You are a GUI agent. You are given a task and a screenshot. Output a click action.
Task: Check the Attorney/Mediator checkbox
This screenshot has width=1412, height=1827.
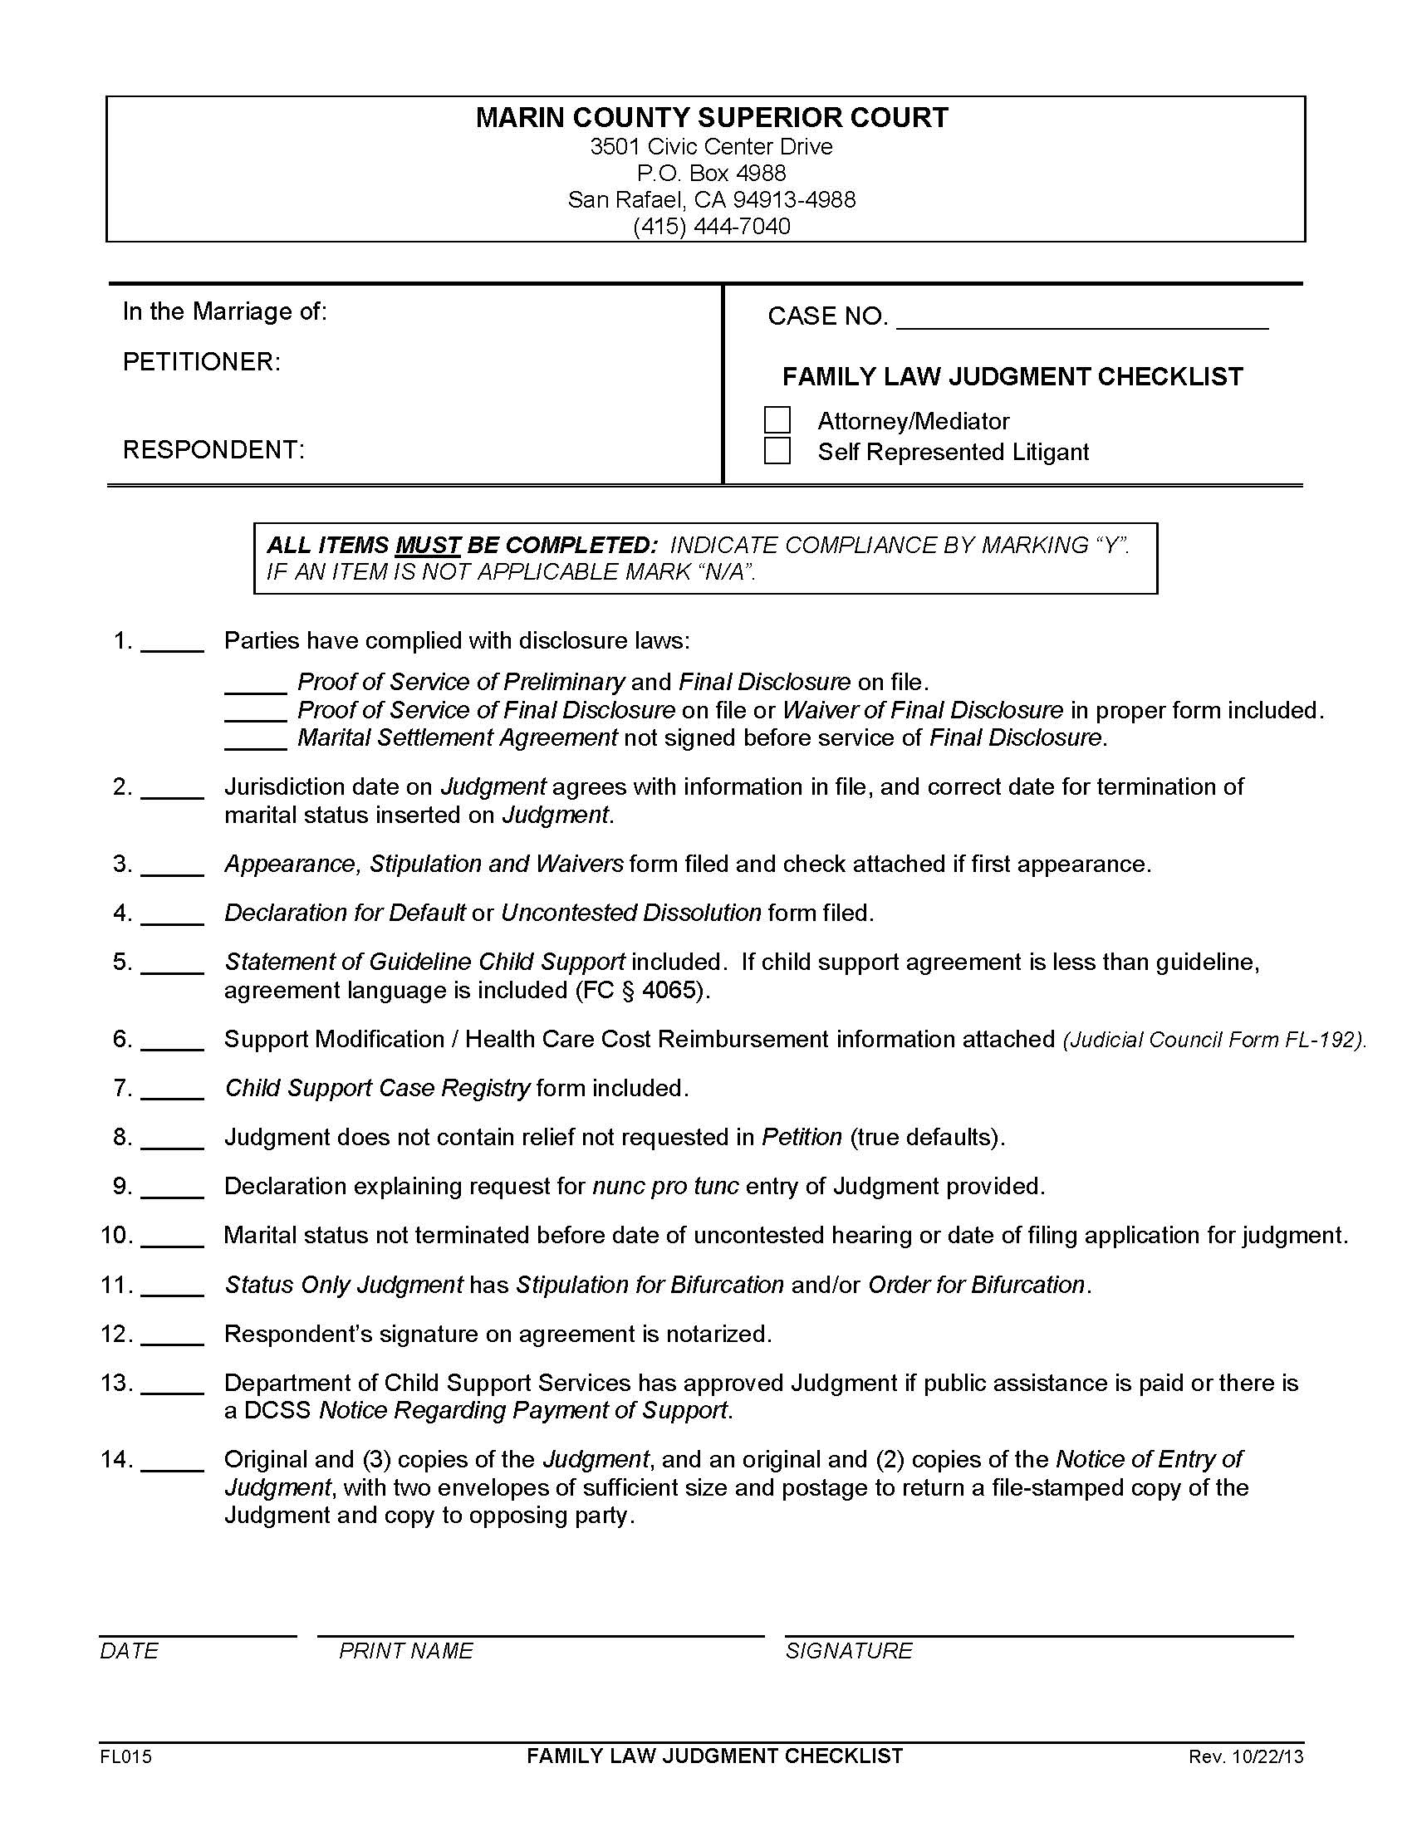777,420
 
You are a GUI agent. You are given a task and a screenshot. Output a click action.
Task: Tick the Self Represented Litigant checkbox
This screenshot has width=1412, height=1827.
777,451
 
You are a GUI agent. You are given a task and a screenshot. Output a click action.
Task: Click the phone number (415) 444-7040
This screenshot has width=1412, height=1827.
711,226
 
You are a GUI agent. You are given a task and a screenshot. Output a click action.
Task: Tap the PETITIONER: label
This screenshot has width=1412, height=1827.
202,361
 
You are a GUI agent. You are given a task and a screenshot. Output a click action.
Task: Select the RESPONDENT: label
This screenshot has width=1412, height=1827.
214,449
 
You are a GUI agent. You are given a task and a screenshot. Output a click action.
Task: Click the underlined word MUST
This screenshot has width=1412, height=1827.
428,546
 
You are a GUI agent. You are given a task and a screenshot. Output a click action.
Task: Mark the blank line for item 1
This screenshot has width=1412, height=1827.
172,643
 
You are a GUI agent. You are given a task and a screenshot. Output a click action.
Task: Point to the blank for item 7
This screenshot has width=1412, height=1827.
172,1090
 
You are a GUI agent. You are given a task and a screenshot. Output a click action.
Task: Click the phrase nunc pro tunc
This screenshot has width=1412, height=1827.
665,1185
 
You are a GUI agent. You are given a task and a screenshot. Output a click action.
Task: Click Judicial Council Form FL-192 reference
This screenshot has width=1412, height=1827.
1213,1040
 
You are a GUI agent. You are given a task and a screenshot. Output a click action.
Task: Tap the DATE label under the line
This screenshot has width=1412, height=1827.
129,1650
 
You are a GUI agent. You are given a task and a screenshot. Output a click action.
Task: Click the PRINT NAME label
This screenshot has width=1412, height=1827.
405,1650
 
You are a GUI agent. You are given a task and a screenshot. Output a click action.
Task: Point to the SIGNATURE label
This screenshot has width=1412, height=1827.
848,1650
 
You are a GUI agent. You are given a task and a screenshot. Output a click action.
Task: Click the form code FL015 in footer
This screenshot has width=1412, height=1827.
125,1756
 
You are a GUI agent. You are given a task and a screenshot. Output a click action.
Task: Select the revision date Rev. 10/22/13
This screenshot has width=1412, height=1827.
1245,1756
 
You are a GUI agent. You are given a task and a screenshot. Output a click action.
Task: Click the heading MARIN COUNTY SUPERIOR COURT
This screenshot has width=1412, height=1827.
712,117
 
